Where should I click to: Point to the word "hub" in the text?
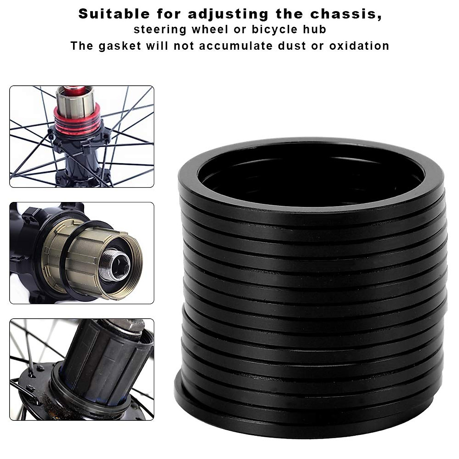(316, 29)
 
